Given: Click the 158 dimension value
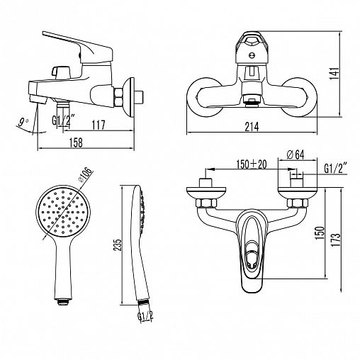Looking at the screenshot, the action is coord(76,142).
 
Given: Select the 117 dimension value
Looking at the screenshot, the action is coord(98,125).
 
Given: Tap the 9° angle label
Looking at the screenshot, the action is coord(23,122).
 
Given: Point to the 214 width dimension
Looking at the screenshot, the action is coord(252,127).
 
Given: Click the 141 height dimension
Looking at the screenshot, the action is coord(334,73).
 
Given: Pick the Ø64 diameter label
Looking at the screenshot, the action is coord(296,154).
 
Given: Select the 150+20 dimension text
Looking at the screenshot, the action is coord(252,164).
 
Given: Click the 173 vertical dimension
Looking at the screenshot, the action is coord(336,240).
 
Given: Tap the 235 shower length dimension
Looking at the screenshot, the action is coord(118,245).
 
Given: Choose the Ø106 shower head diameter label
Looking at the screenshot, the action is coord(84,174).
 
